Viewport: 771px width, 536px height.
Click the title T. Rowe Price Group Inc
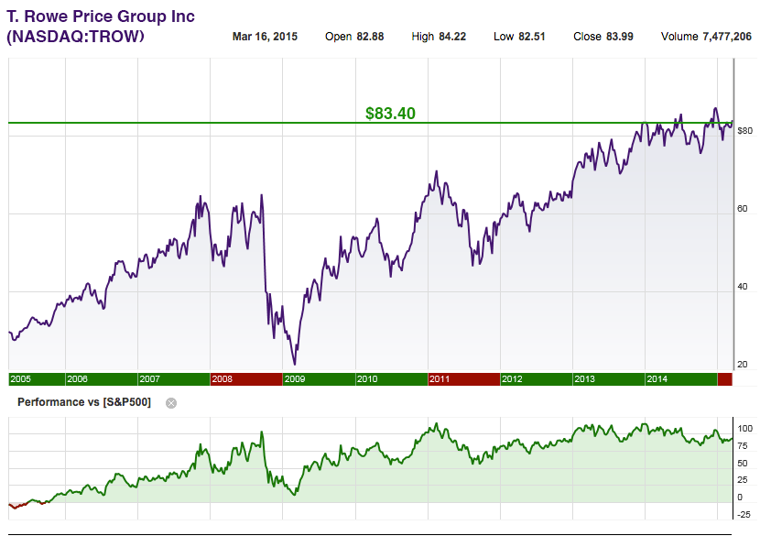pos(101,16)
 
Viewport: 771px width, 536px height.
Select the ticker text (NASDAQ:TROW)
pos(75,37)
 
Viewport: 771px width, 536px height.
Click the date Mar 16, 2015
pos(266,37)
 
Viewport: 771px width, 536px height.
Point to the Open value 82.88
pos(367,37)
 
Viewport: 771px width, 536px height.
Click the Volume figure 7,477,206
pos(727,37)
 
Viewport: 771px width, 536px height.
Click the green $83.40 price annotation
pos(390,114)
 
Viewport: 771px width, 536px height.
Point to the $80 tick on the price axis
pos(744,131)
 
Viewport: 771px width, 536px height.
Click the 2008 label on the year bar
pos(223,379)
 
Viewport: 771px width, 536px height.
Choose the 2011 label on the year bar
pos(440,379)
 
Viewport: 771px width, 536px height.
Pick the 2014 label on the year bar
pos(657,379)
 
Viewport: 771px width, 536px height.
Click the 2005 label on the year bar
pos(20,379)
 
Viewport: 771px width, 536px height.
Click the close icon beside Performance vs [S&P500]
pos(170,402)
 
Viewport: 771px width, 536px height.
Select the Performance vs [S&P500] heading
pos(84,402)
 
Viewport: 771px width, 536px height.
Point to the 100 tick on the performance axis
pos(744,429)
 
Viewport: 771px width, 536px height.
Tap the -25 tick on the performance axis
pos(744,515)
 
